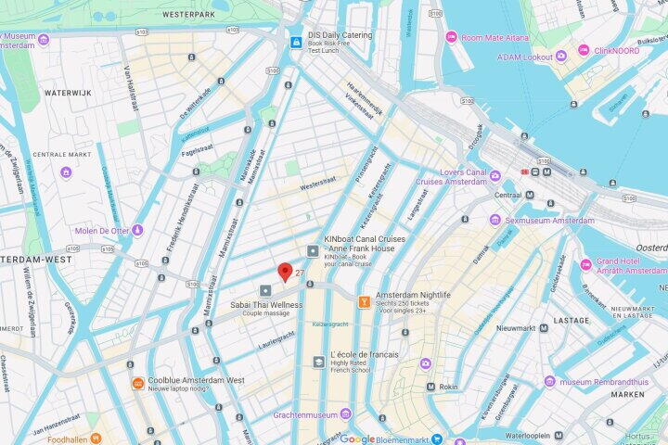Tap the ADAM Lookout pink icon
pyautogui.click(x=561, y=57)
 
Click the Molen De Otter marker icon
pyautogui.click(x=137, y=230)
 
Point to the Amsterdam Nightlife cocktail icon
pyautogui.click(x=364, y=300)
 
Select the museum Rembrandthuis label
pyautogui.click(x=609, y=381)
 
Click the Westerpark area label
pyautogui.click(x=188, y=16)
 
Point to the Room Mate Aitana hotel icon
pyautogui.click(x=451, y=37)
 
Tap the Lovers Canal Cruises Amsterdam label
pyautogui.click(x=451, y=176)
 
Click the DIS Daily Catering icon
pyautogui.click(x=296, y=42)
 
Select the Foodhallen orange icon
pyautogui.click(x=96, y=439)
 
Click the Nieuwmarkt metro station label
pyautogui.click(x=516, y=328)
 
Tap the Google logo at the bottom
pyautogui.click(x=357, y=439)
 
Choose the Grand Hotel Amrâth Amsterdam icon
pyautogui.click(x=585, y=265)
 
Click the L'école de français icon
pyautogui.click(x=319, y=361)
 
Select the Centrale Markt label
pyautogui.click(x=56, y=155)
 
